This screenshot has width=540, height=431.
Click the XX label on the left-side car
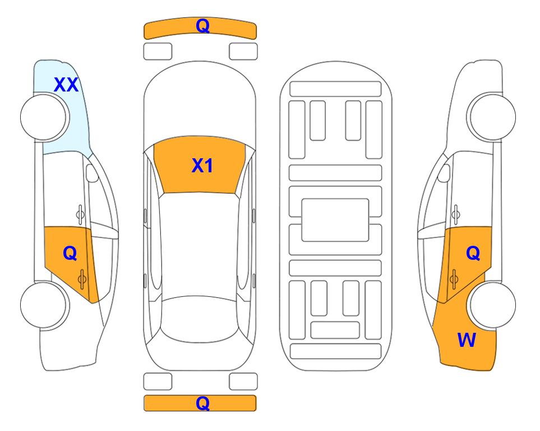[x=66, y=85]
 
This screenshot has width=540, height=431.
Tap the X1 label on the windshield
[x=202, y=166]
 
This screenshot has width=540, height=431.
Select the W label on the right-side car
[x=467, y=340]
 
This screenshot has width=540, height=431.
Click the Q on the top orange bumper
[x=202, y=26]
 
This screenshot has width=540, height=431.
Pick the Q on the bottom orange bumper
[x=202, y=403]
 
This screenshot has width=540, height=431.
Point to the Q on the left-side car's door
[x=70, y=254]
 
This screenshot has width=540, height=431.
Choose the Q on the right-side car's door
[x=473, y=254]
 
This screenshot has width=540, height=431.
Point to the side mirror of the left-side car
[x=91, y=173]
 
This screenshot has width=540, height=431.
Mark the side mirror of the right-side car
[x=444, y=173]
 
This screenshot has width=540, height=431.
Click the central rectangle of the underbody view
[x=335, y=220]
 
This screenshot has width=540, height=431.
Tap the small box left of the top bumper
[x=158, y=52]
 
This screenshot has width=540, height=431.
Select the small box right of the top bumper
[x=243, y=52]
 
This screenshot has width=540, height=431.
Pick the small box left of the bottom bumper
[x=158, y=382]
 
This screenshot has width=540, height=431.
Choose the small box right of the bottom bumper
[x=243, y=382]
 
